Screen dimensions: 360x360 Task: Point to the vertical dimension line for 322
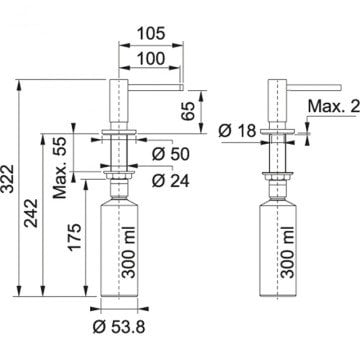coord(19,186)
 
